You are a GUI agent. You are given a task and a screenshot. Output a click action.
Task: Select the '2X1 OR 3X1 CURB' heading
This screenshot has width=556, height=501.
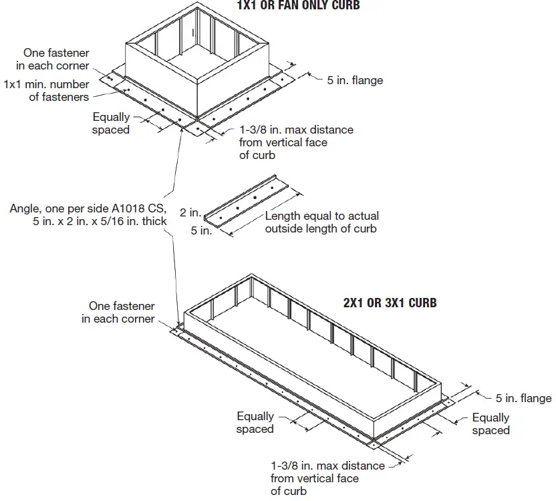tap(390, 303)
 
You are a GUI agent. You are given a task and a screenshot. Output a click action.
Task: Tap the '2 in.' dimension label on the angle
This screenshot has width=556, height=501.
tap(190, 213)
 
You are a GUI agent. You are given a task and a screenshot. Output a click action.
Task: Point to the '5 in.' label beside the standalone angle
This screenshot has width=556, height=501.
tap(201, 231)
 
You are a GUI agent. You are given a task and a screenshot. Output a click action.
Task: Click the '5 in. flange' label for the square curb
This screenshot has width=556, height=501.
tap(355, 80)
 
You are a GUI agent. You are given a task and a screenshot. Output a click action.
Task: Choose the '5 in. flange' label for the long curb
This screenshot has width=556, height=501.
tap(523, 398)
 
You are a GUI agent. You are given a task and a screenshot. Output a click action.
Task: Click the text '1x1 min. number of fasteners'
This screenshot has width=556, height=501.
tap(46, 91)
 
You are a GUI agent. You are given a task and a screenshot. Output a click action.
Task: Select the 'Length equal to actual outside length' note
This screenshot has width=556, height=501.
tap(321, 222)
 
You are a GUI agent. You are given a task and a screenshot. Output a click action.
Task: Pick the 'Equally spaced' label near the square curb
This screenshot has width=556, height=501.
tap(111, 123)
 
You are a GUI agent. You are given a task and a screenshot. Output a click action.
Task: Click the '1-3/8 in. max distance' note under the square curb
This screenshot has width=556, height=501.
tap(296, 130)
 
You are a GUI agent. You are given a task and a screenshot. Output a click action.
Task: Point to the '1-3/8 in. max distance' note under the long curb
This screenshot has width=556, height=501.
tap(327, 466)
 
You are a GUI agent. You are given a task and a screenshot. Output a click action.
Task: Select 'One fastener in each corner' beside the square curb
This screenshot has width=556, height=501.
tap(56, 59)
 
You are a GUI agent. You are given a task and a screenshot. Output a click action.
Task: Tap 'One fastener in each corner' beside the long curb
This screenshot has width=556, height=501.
tap(118, 313)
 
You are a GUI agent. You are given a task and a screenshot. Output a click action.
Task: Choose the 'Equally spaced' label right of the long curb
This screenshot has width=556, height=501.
tap(491, 424)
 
